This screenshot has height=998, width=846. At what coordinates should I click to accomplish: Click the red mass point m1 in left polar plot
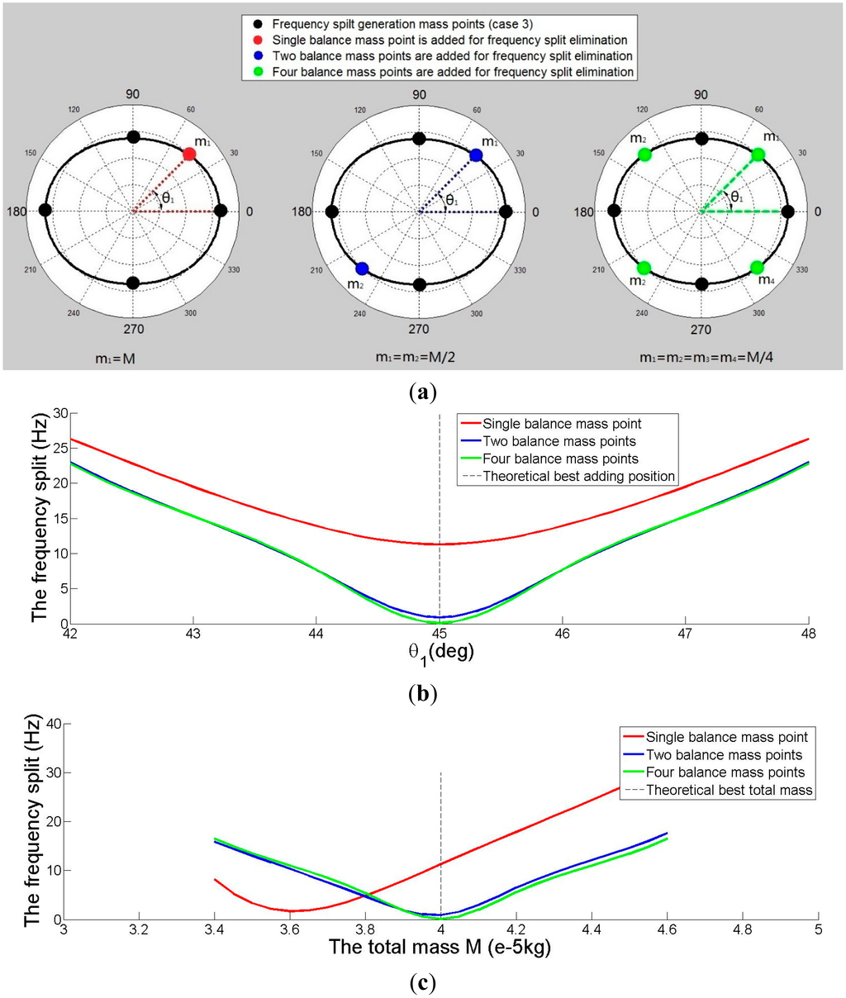click(189, 154)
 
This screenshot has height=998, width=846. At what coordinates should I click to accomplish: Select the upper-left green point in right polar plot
click(644, 154)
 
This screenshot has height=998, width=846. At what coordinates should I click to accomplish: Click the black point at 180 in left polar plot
click(45, 211)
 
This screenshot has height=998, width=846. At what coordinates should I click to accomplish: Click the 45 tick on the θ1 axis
click(440, 633)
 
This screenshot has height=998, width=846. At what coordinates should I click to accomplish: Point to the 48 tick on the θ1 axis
click(807, 633)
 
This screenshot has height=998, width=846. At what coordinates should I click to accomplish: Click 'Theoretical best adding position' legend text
click(578, 476)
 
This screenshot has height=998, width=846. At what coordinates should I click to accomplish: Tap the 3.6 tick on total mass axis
click(290, 929)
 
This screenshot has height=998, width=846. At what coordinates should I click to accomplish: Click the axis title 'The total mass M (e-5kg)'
click(440, 947)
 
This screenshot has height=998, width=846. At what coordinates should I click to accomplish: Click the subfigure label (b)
click(423, 692)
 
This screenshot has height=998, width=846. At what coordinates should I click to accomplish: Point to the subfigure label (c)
click(423, 983)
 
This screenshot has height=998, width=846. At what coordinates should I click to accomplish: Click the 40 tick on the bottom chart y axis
click(52, 725)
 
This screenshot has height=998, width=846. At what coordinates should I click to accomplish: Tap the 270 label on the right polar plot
click(701, 329)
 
